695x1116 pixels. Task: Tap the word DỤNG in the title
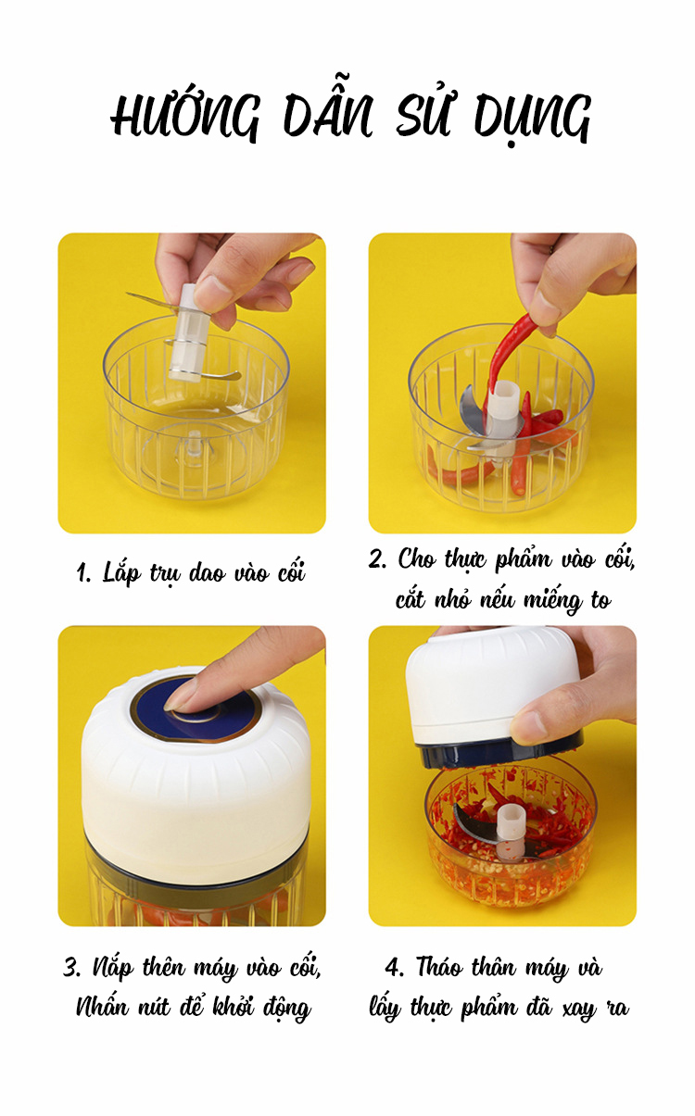pyautogui.click(x=533, y=118)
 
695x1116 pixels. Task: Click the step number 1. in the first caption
pyautogui.click(x=83, y=574)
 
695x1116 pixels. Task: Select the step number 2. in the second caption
pyautogui.click(x=377, y=559)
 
